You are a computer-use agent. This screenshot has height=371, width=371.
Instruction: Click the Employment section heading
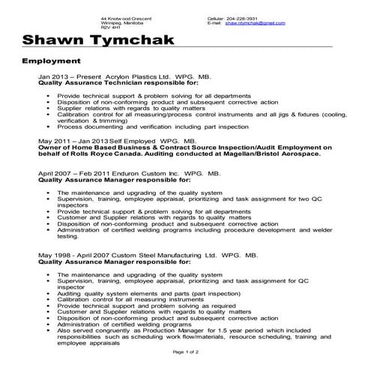point(51,60)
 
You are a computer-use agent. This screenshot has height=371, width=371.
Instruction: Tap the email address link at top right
point(255,23)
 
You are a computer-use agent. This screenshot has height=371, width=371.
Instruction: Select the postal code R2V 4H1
point(110,28)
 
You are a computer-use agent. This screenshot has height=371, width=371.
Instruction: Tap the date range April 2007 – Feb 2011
point(70,173)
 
